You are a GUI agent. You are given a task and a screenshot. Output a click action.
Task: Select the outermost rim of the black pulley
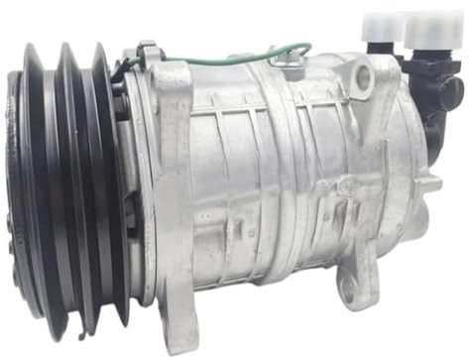(x=20, y=188)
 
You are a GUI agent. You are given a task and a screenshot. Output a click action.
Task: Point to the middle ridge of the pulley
(x=77, y=188)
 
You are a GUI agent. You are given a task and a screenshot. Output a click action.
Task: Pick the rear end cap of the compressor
(x=397, y=188)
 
